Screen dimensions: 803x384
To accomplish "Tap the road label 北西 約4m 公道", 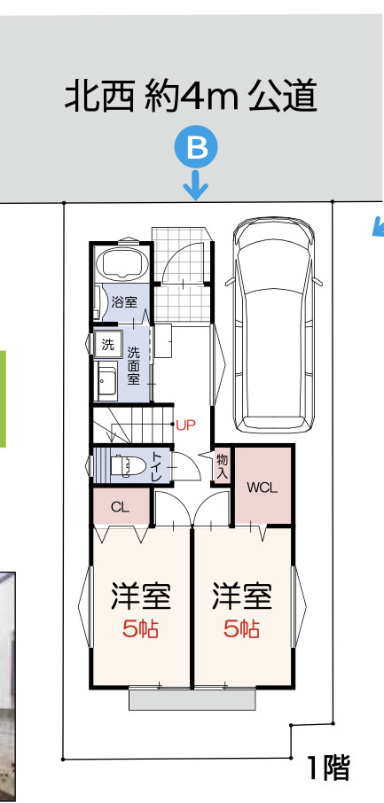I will click(191, 97).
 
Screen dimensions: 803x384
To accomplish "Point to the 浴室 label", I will click(124, 302).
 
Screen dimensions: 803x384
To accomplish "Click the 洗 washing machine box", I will click(108, 343).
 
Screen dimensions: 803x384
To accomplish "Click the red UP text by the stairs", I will click(184, 425).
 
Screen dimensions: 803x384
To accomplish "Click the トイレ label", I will click(156, 465).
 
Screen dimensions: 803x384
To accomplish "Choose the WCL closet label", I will click(263, 487).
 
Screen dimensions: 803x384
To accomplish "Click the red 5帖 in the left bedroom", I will click(140, 629).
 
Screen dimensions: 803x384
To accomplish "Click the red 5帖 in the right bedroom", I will click(241, 629).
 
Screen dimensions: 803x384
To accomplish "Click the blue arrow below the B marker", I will click(196, 187).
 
